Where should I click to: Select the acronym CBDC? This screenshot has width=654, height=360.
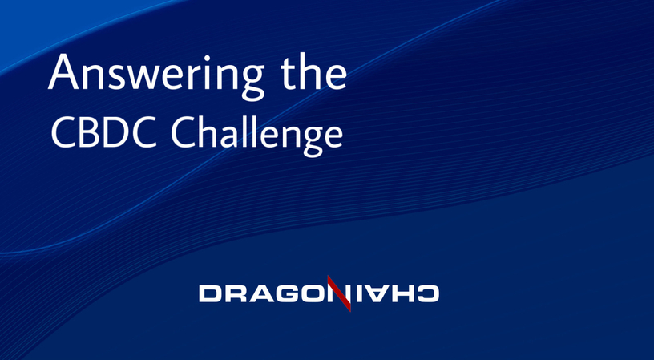tap(104, 132)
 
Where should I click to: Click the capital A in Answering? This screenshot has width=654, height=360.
tap(63, 71)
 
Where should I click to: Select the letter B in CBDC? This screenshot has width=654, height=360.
tap(89, 132)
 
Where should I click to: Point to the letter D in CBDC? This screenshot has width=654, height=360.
tap(115, 132)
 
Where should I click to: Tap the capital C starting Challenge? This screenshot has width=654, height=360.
tap(184, 132)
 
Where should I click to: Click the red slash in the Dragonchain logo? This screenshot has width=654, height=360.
tap(339, 293)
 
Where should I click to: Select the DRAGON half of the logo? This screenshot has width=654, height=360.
tap(266, 293)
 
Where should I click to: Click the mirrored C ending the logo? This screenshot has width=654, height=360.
tap(427, 293)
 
